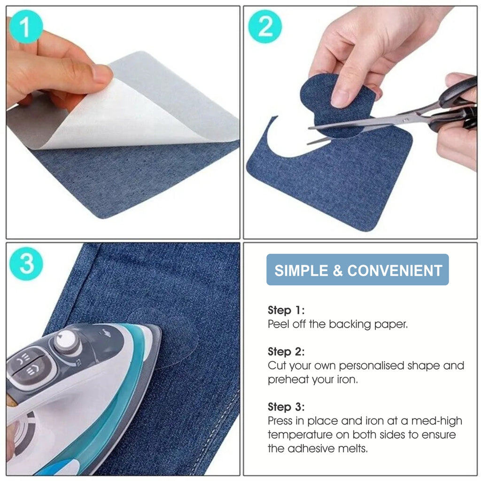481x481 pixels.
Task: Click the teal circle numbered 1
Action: click(x=26, y=27)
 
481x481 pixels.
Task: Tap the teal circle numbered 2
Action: click(x=265, y=26)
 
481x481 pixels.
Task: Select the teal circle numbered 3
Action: click(x=26, y=264)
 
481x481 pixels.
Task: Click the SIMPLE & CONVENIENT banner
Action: click(x=357, y=270)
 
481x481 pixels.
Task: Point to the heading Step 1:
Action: click(x=286, y=310)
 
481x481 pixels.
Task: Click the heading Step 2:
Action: click(x=286, y=351)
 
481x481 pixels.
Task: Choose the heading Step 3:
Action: click(x=286, y=407)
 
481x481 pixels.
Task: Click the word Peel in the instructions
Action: click(x=278, y=324)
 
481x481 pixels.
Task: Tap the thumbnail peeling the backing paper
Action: click(x=123, y=122)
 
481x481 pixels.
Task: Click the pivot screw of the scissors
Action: click(x=406, y=120)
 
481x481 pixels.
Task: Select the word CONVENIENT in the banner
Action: click(x=395, y=271)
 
